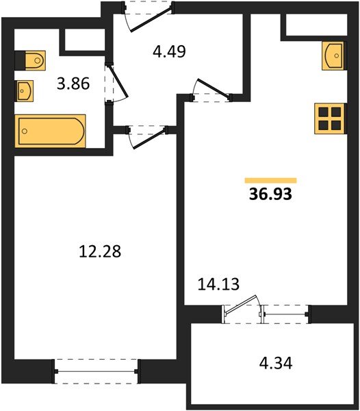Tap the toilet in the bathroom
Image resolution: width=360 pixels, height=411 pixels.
[x=29, y=61]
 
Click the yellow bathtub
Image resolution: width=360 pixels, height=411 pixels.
[x=51, y=131]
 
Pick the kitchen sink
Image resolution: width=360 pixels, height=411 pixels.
[x=334, y=55]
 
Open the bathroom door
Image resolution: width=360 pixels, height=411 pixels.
[x=114, y=82]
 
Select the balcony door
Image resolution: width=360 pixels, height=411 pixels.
[x=243, y=309]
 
